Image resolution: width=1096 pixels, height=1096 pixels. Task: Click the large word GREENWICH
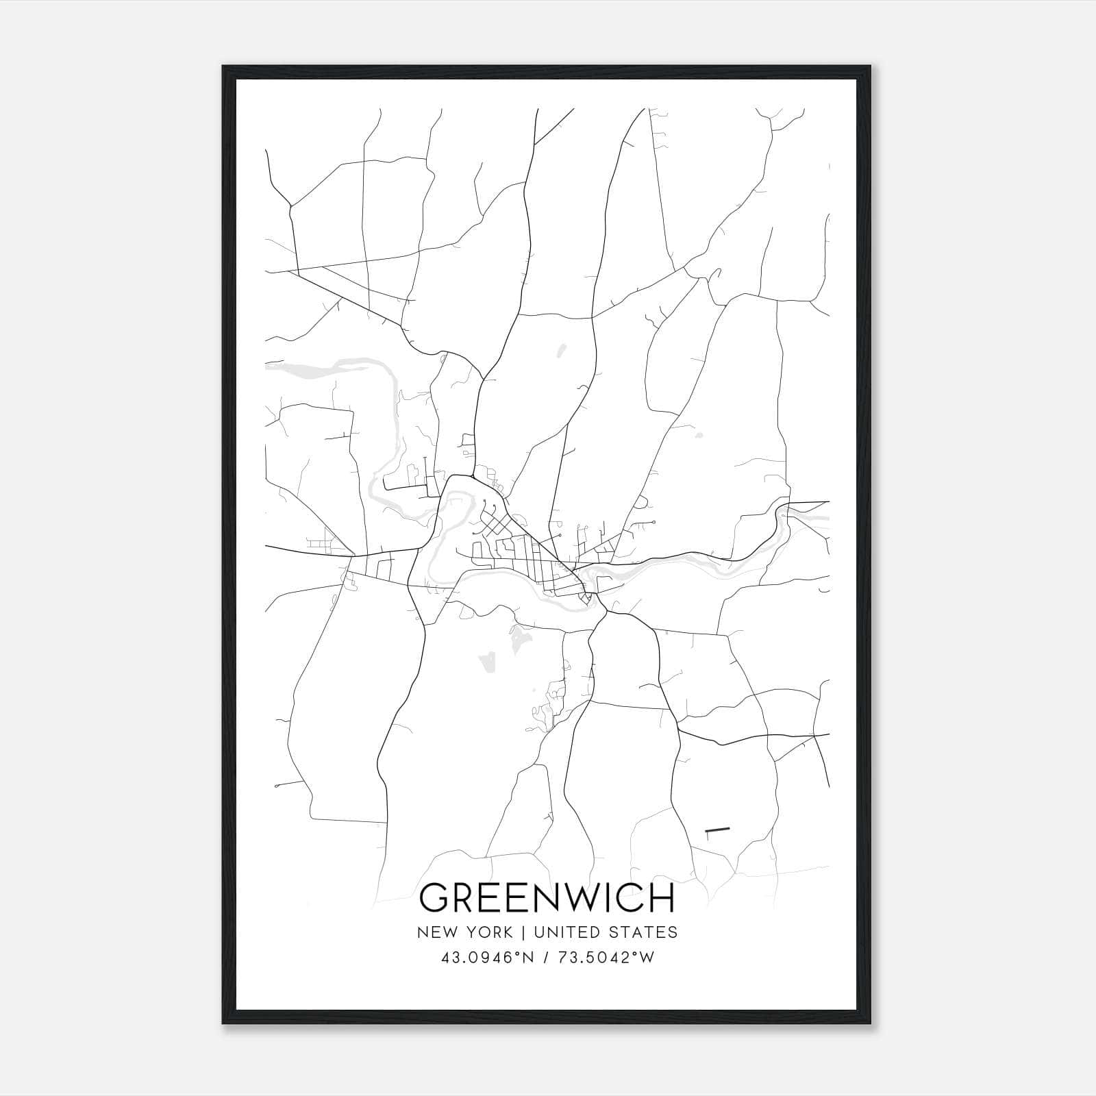(547, 898)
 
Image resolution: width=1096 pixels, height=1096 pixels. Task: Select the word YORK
(489, 932)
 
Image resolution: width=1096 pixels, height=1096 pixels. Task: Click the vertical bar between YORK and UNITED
(522, 932)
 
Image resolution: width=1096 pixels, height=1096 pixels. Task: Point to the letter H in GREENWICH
(662, 898)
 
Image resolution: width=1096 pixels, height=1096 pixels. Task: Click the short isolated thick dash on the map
(717, 830)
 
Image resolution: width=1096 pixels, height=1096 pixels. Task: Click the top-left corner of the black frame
(223, 66)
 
